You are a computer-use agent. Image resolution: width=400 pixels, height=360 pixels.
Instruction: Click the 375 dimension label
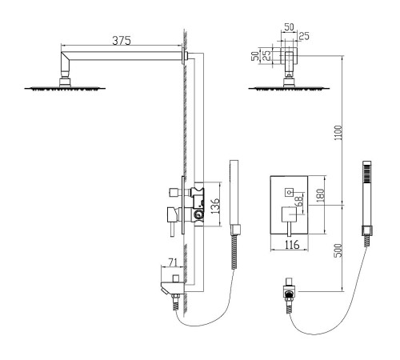point(122,41)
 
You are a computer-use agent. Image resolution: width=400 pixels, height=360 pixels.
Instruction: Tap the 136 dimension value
point(215,206)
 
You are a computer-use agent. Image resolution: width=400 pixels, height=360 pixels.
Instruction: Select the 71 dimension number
point(173,262)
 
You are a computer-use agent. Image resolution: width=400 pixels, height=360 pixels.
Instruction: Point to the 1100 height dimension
point(338,133)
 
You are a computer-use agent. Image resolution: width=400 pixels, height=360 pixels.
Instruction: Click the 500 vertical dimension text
point(338,250)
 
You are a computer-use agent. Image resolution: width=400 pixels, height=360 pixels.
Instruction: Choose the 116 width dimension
point(292,245)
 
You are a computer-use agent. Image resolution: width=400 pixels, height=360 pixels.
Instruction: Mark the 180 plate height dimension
point(321,195)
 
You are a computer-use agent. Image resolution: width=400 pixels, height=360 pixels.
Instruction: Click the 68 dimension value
point(298,202)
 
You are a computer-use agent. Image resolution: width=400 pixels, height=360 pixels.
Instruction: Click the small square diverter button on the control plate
point(289,191)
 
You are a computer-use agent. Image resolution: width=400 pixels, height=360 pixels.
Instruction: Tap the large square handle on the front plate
point(290,214)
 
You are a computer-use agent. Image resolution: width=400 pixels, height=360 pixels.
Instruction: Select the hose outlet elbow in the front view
point(289,291)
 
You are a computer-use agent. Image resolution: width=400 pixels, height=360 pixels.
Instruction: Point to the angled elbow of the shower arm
point(65,62)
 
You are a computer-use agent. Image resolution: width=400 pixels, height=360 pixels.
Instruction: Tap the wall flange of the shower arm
point(184,56)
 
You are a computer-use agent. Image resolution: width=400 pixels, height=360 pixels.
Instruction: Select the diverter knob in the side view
point(175,192)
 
